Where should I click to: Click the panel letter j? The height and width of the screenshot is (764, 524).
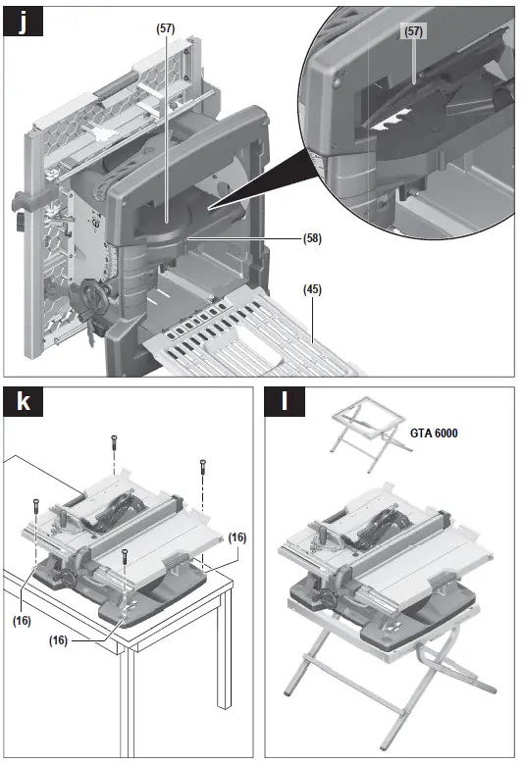point(22,21)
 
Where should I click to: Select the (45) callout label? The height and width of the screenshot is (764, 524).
point(312,289)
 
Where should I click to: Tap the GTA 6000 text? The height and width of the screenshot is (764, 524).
point(433,433)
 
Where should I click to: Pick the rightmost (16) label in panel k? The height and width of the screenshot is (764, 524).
point(237,536)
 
